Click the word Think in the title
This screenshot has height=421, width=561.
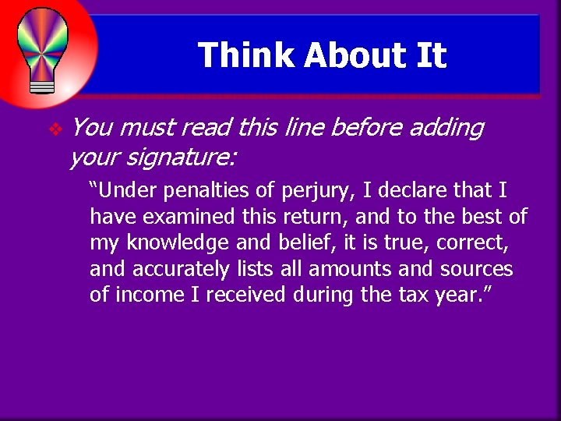[245, 55]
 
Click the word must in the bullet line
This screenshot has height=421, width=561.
[147, 128]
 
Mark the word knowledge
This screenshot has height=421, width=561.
[182, 243]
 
